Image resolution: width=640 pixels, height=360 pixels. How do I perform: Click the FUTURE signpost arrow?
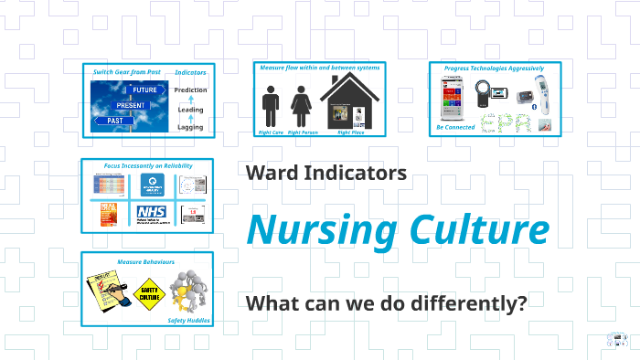point(144,91)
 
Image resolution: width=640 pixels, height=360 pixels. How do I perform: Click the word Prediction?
point(190,90)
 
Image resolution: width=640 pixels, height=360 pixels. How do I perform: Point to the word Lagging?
point(190,127)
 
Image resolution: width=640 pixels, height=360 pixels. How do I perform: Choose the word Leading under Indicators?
point(190,110)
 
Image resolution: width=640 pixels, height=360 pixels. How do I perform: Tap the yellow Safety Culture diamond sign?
point(150,294)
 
